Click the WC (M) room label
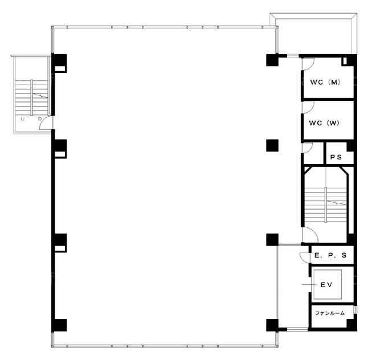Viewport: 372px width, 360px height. [325, 82]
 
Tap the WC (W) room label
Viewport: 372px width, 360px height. [324, 123]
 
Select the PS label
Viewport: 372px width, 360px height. [336, 157]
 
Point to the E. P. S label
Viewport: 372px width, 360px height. [330, 255]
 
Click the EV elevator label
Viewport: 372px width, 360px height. [326, 285]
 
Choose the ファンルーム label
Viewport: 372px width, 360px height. [330, 313]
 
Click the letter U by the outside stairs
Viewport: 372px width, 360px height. [23, 119]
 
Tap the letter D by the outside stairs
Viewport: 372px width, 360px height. [40, 119]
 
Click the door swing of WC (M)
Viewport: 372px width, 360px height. [308, 64]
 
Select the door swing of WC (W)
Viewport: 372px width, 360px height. [308, 108]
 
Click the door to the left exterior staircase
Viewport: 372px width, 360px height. [46, 122]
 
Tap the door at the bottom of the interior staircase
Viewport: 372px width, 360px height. [310, 235]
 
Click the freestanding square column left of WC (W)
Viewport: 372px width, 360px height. [272, 145]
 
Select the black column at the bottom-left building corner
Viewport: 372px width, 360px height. [59, 325]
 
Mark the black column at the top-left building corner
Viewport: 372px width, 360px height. [59, 63]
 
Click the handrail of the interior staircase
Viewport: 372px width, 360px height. [326, 204]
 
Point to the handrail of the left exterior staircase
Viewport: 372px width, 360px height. [32, 98]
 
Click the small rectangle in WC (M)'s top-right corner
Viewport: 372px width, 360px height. [345, 61]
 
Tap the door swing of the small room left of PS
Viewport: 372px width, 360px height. [308, 148]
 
